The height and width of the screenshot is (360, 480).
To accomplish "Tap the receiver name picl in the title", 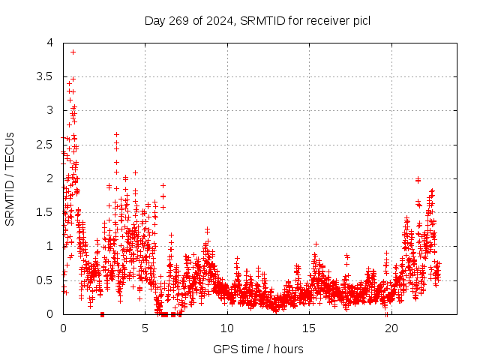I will [359, 20].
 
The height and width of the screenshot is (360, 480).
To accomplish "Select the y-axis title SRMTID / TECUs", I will [10, 178].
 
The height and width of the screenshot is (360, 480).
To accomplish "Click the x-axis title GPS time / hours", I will [258, 349].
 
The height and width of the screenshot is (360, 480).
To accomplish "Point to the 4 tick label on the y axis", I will [49, 43].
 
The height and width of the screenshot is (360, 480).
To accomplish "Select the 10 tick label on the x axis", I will [227, 328].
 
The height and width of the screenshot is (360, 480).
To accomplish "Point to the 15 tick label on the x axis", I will [309, 328].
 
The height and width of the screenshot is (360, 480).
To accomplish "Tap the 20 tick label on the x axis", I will [391, 328].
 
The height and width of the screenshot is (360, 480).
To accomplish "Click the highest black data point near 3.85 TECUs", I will [73, 52].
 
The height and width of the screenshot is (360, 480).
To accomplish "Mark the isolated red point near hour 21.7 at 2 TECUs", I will [418, 179].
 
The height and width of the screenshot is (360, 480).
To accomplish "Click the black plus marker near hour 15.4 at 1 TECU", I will [316, 244].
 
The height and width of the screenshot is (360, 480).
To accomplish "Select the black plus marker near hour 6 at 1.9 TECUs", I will [163, 185].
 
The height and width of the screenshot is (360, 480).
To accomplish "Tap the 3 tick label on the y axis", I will [49, 110].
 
